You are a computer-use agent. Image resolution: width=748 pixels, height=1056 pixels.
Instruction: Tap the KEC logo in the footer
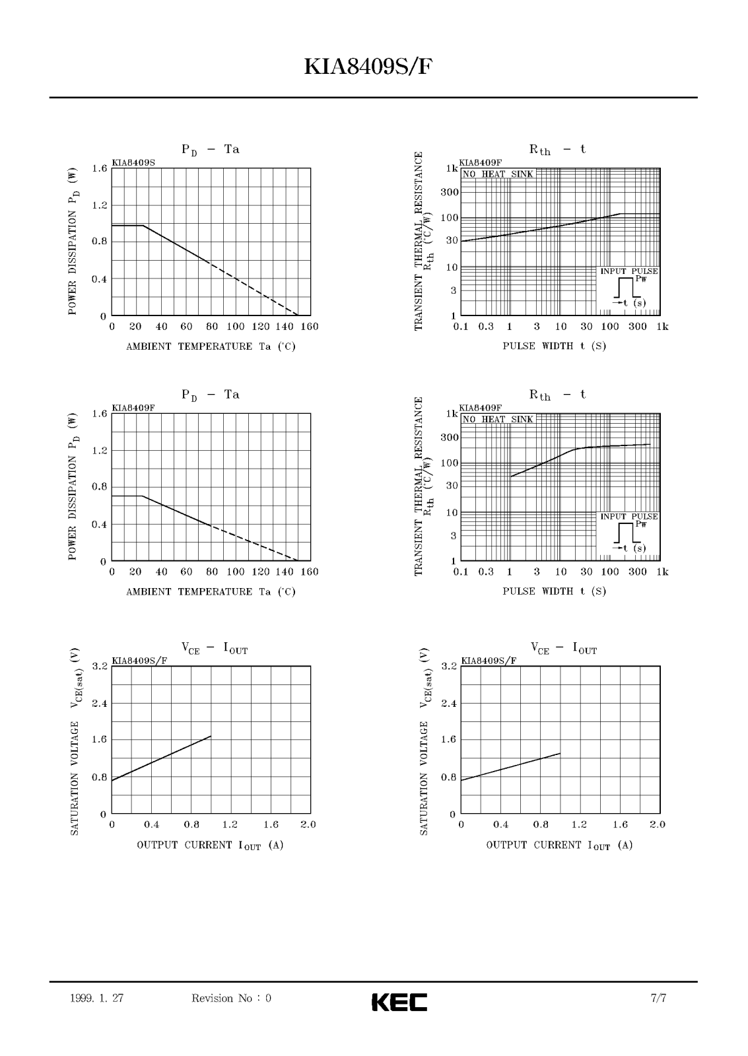click(x=399, y=1001)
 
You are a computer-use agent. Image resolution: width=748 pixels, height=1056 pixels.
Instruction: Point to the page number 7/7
click(x=658, y=999)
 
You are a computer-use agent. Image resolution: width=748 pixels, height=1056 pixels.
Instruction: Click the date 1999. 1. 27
click(x=96, y=999)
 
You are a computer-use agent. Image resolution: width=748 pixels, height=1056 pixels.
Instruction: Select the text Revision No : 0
click(x=231, y=999)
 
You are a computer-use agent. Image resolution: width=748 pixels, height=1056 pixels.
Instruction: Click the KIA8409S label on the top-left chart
click(x=133, y=162)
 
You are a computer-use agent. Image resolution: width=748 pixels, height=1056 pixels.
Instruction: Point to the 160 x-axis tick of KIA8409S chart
click(x=309, y=327)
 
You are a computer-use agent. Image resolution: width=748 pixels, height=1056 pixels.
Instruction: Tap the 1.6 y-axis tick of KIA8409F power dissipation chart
click(x=99, y=414)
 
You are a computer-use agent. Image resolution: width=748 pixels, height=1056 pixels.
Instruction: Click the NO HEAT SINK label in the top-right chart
click(x=498, y=174)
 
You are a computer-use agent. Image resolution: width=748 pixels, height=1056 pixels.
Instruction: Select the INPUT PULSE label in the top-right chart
click(x=629, y=271)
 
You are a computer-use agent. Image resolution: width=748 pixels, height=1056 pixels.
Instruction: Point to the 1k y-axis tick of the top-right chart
click(x=452, y=168)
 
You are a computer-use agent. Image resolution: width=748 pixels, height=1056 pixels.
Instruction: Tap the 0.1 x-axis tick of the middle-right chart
click(x=461, y=572)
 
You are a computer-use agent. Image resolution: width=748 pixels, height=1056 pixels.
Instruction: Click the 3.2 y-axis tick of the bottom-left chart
click(x=99, y=667)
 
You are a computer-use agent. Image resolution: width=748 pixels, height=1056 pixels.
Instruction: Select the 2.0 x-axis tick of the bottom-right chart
click(x=658, y=825)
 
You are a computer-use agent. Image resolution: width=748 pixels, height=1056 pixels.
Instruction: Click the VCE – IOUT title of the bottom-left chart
click(x=215, y=649)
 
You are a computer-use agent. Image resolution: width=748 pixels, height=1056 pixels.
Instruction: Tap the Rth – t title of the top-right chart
click(x=557, y=150)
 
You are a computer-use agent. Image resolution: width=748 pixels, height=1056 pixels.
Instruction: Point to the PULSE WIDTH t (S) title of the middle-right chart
click(x=555, y=591)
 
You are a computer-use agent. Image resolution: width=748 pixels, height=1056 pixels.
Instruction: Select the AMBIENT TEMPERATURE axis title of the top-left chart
click(x=211, y=346)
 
